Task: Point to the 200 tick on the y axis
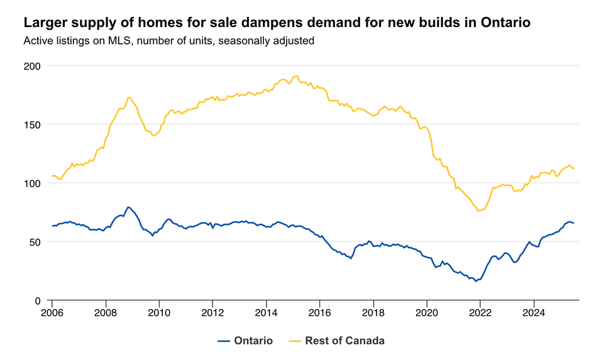(x=32, y=66)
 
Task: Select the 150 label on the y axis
(x=32, y=124)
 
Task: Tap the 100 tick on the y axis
(x=32, y=183)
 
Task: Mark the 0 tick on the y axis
(x=38, y=301)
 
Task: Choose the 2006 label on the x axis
(x=52, y=312)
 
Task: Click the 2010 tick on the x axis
(x=159, y=312)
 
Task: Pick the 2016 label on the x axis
(x=320, y=312)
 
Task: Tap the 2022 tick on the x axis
(x=480, y=312)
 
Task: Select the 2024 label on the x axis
(x=534, y=312)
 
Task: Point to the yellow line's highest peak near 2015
(x=296, y=75)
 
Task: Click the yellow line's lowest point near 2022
(x=478, y=210)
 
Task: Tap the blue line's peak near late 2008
(x=128, y=207)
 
